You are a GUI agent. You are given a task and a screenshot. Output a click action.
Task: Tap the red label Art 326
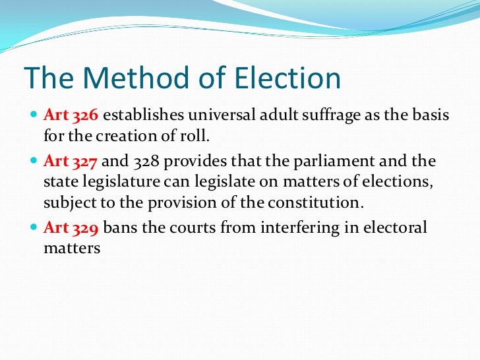click(71, 115)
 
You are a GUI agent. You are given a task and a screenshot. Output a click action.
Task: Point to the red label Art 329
click(71, 227)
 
